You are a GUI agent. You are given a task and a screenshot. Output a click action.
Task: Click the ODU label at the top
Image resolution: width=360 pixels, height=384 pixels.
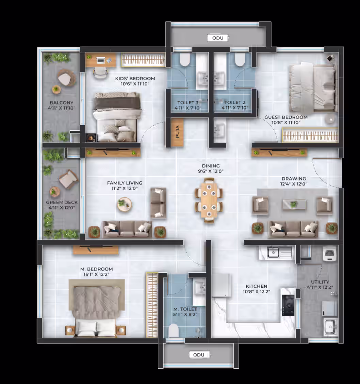[x=218, y=38]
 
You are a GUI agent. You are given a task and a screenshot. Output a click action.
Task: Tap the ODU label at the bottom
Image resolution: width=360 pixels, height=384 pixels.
[x=199, y=355]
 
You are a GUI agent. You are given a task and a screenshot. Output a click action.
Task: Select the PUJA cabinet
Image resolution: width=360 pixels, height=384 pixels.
[x=177, y=132]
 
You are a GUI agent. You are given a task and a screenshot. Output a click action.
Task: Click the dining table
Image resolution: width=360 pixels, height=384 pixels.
[x=209, y=200]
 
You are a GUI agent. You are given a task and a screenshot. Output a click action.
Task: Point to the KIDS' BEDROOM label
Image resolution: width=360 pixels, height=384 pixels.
[x=135, y=78]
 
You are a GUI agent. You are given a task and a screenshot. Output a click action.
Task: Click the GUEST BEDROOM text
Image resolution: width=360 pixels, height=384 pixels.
[x=286, y=117]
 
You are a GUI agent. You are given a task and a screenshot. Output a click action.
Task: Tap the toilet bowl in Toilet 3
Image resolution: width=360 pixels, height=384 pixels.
[x=185, y=60]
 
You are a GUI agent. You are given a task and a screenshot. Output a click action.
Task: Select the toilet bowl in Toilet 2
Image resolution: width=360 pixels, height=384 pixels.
[x=240, y=60]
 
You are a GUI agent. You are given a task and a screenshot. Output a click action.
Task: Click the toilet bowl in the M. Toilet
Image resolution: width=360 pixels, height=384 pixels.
[x=174, y=331]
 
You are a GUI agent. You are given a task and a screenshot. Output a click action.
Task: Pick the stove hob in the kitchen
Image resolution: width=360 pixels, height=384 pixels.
[x=288, y=305]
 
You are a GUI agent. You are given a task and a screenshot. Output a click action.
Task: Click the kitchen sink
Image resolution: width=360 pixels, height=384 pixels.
[x=273, y=253]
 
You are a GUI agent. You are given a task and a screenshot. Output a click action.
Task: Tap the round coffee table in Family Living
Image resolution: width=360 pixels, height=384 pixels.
[x=124, y=204]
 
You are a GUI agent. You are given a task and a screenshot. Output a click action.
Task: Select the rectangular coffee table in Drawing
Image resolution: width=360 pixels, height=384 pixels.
[x=294, y=204]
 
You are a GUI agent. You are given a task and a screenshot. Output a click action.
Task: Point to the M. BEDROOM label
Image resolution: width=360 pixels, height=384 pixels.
[x=96, y=269]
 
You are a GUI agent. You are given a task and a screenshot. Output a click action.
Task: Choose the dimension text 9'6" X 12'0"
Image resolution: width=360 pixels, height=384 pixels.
[x=211, y=171]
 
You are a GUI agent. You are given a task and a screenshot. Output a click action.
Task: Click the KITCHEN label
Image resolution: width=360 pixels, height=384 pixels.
[x=257, y=286]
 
